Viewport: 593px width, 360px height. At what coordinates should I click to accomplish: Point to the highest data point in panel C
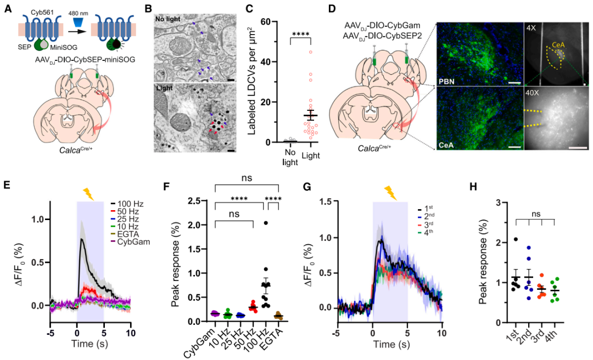[x=310, y=52]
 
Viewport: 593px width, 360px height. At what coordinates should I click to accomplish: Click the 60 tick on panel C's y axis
[x=254, y=22]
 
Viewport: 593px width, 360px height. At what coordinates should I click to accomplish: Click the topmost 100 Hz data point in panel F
[x=265, y=223]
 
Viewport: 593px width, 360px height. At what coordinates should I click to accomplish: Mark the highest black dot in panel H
[x=516, y=239]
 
